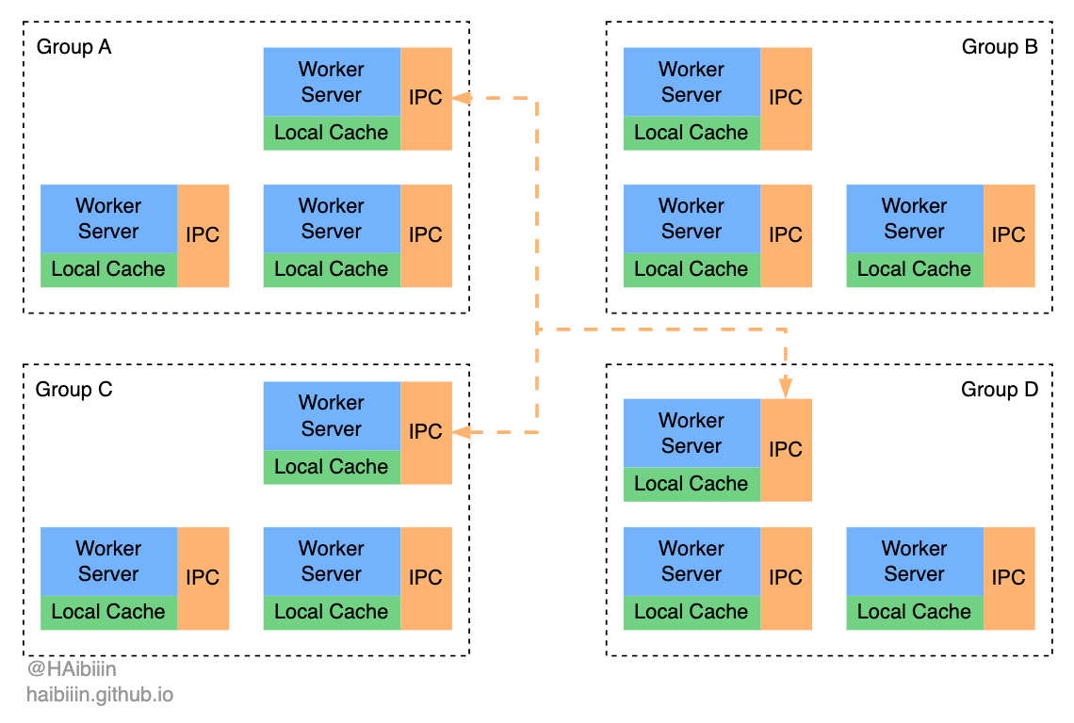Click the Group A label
[73, 47]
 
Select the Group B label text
[1000, 47]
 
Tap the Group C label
[73, 390]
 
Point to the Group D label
[1000, 390]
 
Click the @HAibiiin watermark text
[72, 669]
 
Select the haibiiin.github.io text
[100, 696]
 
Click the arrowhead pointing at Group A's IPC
[461, 97]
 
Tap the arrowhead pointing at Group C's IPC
[461, 432]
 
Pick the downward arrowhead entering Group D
[785, 388]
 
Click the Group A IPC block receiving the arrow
[426, 98]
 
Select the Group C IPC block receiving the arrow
[426, 432]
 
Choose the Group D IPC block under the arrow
[786, 450]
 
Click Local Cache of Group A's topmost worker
[332, 133]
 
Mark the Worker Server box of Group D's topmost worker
[692, 433]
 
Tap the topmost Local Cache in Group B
[692, 133]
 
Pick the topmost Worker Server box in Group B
[692, 82]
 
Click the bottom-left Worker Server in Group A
[108, 218]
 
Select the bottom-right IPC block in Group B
[1008, 235]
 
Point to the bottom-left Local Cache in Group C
[108, 612]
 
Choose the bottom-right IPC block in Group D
[1008, 578]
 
